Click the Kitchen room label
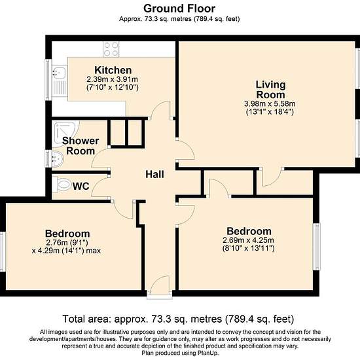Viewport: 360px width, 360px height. pos(113,70)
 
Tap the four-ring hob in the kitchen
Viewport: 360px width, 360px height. pos(111,49)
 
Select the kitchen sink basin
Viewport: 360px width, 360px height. pos(59,73)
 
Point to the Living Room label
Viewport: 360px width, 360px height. pos(271,90)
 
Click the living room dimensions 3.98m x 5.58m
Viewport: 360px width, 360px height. pos(270,103)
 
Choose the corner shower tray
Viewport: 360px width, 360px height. pos(65,133)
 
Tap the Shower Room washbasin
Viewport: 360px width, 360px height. pos(58,158)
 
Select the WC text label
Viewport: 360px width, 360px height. pos(81,186)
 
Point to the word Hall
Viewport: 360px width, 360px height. pos(154,175)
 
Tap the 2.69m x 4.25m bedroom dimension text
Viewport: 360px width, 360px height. pos(248,240)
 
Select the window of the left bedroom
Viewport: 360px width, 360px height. pos(3,251)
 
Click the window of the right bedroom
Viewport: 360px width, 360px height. pos(316,247)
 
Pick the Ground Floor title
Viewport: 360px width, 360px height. pos(179,9)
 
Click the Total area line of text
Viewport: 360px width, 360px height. pos(178,319)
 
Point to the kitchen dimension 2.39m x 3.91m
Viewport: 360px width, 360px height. pos(113,79)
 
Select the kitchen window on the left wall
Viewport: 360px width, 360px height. pos(48,80)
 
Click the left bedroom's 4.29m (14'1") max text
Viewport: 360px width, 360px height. pos(66,251)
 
